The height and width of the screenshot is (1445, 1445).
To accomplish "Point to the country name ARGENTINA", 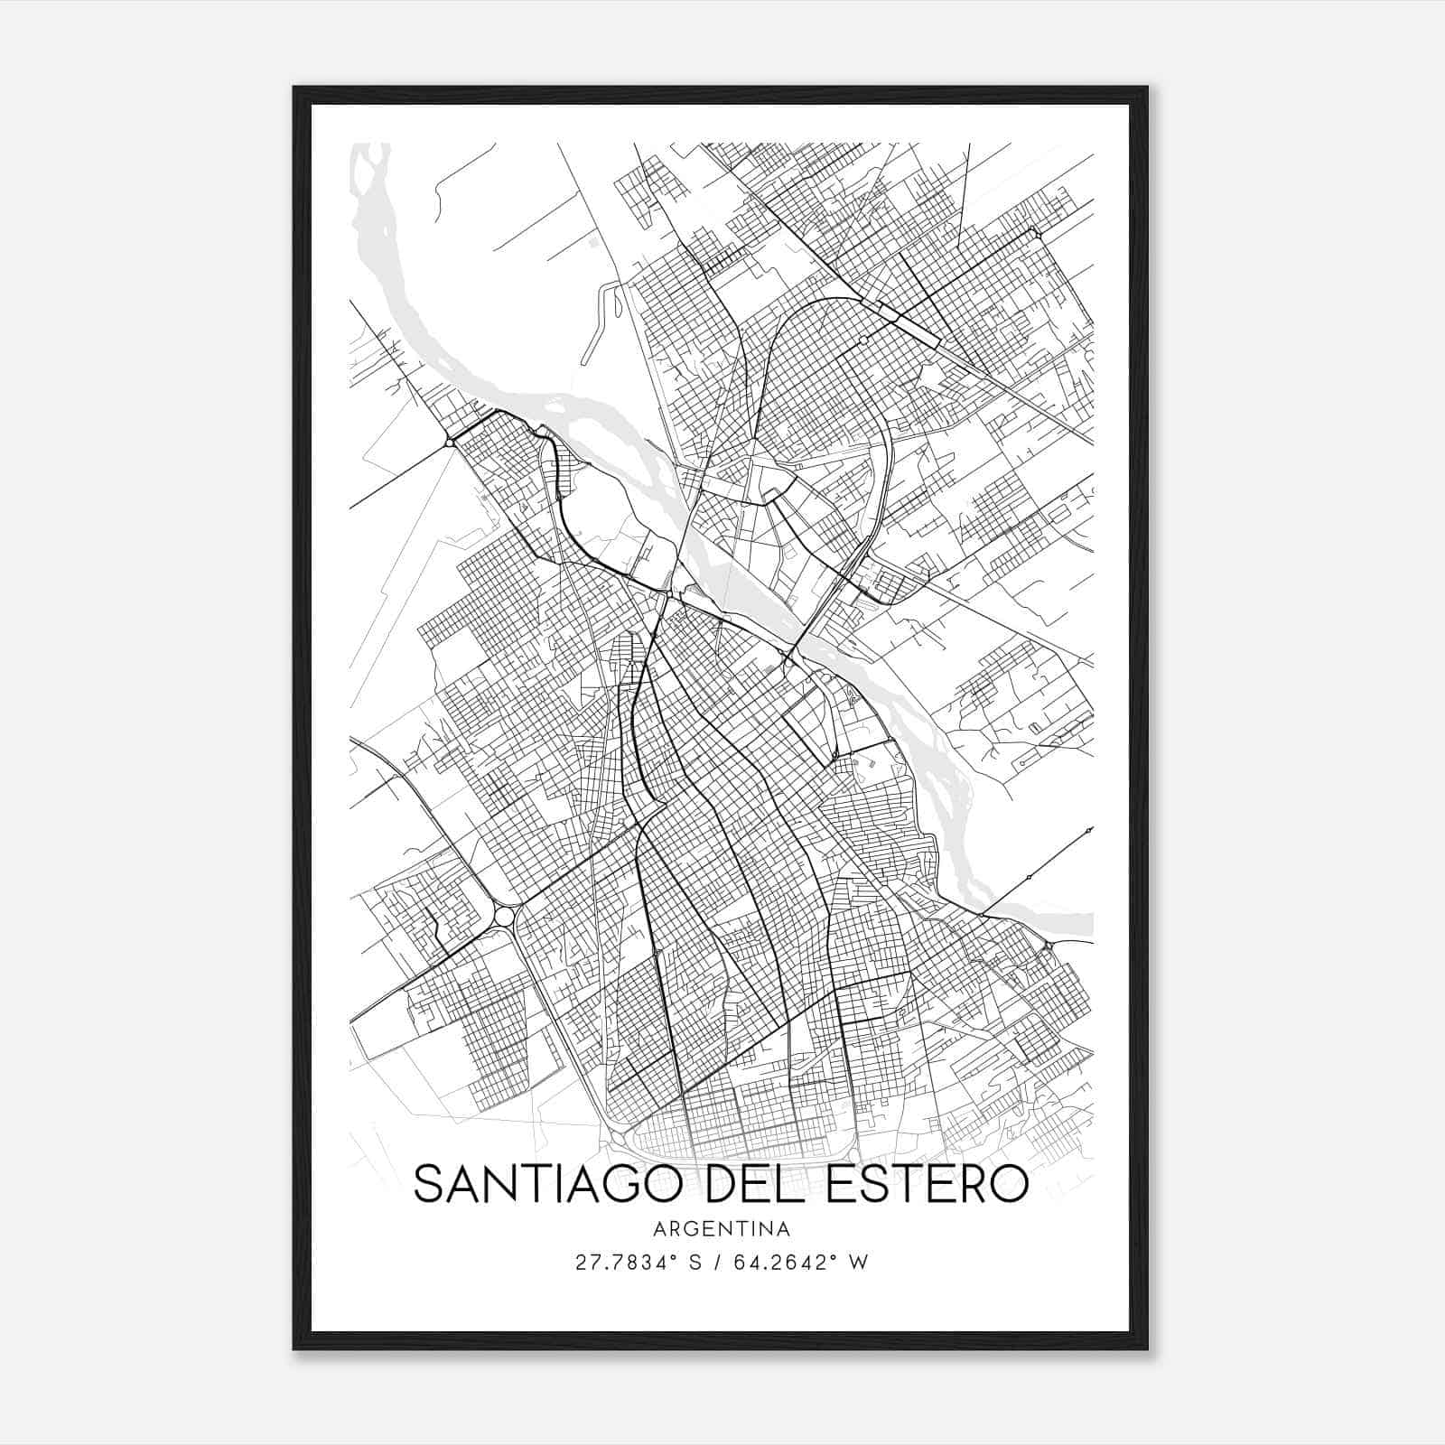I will tap(722, 1229).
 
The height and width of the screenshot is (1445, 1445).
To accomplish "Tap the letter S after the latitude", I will tap(695, 1263).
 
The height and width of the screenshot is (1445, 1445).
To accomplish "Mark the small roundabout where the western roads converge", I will tap(450, 442).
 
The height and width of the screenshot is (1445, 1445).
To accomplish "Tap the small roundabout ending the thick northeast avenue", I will tap(1036, 234).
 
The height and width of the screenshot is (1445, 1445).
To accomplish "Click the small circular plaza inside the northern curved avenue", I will tap(863, 340).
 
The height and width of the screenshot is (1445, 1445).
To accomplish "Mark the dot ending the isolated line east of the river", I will tap(1090, 829).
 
